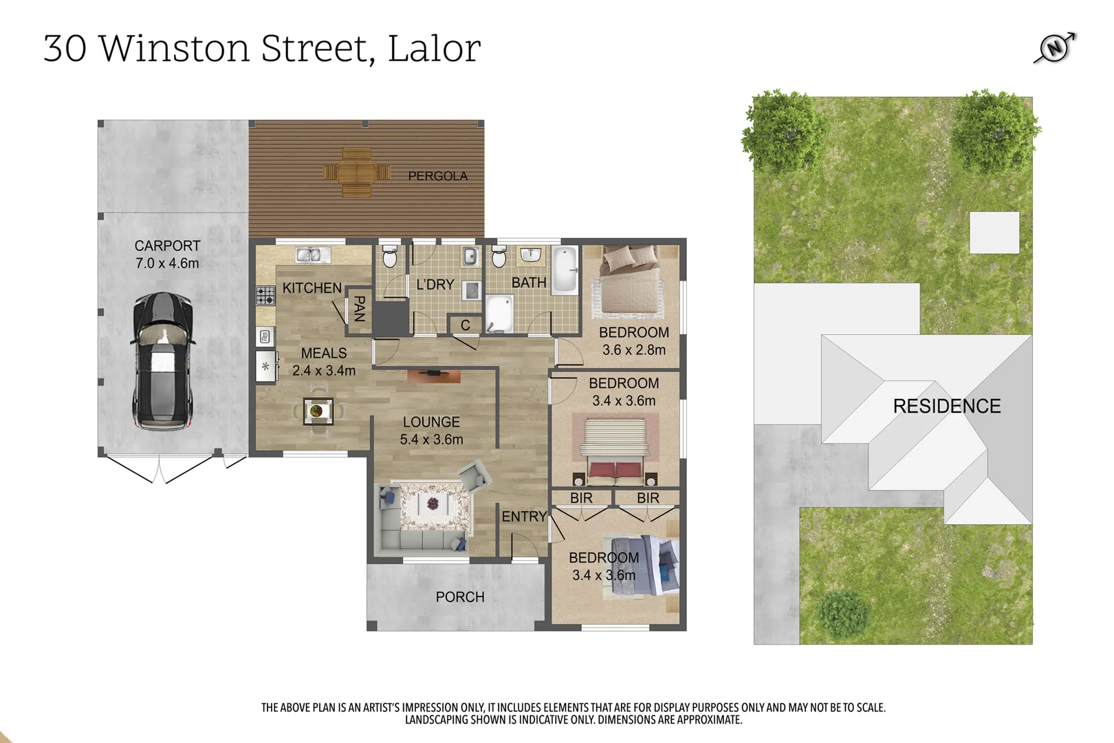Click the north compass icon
coord(1055,48)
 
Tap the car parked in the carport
coord(163,361)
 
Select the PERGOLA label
coord(437,176)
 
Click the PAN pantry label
coord(358,309)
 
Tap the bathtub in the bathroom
coord(566,271)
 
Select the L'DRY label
coord(435,284)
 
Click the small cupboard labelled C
coord(466,325)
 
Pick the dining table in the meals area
coord(318,411)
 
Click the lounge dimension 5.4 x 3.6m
coord(431,439)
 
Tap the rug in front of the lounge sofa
coord(435,506)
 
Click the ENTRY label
coord(524,517)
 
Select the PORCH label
coord(460,597)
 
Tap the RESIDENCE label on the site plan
coord(946,406)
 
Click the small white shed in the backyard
coord(994,233)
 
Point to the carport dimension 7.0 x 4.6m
coord(167,263)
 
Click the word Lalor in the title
coord(434,48)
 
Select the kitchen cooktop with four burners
coord(265,296)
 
